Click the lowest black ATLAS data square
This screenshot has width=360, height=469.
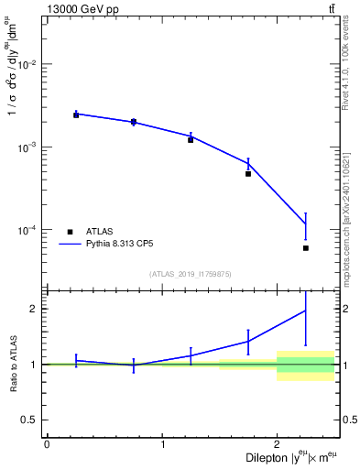[306, 248]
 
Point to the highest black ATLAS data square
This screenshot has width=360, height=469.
[76, 115]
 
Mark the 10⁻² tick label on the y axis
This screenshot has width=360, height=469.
[27, 64]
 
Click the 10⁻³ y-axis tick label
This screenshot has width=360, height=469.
[27, 147]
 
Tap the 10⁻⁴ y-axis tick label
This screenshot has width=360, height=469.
[27, 230]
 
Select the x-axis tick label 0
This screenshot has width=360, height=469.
[47, 445]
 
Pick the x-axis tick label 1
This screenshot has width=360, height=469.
[162, 445]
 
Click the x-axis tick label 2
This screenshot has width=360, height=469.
[278, 445]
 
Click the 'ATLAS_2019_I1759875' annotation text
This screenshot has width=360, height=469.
[191, 274]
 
